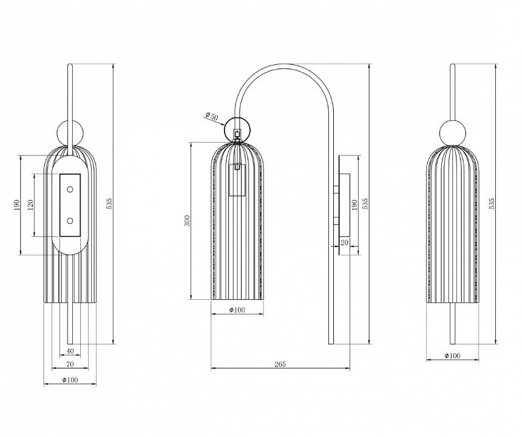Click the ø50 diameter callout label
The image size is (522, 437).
[x=212, y=117]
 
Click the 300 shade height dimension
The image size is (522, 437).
[x=188, y=221]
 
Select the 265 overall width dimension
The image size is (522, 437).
[x=280, y=364]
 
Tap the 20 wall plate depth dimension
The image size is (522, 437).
[x=345, y=243]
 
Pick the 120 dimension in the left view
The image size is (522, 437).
[x=30, y=205]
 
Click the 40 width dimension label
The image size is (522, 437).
[x=70, y=351]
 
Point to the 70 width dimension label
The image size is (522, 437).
[x=70, y=364]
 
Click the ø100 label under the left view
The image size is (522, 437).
[x=70, y=380]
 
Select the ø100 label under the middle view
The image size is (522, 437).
[x=237, y=310]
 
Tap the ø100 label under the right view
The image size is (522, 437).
[x=452, y=356]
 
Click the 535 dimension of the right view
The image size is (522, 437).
[x=492, y=204]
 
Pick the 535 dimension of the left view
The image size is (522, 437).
[x=109, y=204]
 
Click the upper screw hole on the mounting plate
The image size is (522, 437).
[x=70, y=189]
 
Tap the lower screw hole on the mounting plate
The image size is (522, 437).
[x=70, y=221]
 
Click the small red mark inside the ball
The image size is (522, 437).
[x=237, y=132]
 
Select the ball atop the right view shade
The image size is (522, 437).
[x=452, y=132]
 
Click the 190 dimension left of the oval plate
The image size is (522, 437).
[x=16, y=205]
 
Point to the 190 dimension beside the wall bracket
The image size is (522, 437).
[x=354, y=205]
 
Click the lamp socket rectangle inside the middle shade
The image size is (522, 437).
[x=237, y=180]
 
